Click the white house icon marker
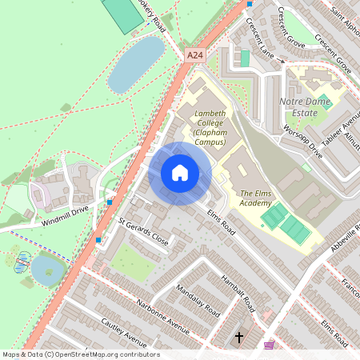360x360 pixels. click(180, 172)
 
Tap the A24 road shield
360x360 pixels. click(194, 55)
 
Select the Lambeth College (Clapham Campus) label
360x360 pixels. click(210, 128)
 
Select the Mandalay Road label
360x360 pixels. click(197, 300)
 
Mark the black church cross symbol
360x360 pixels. click(238, 337)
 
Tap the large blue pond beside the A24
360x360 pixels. click(136, 64)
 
